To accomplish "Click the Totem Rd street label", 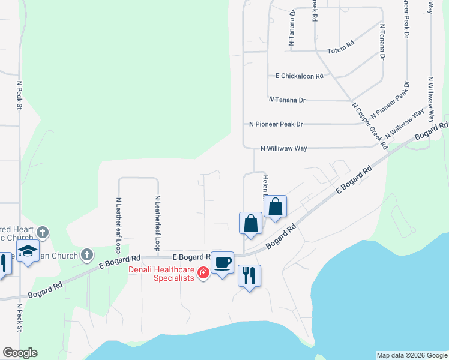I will click(342, 52).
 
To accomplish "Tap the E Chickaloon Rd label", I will click(300, 76).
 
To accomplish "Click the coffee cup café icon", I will click(223, 263).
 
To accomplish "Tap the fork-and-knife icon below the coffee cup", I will click(250, 276).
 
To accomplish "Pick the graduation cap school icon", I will click(28, 252).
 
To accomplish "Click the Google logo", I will click(20, 353).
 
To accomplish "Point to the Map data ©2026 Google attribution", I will click(412, 355).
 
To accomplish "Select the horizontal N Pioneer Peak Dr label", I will click(276, 124).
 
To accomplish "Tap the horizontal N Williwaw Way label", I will click(284, 148).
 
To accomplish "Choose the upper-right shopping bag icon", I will click(275, 207).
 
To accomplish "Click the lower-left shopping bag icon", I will click(250, 224).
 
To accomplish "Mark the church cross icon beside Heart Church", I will click(42, 232).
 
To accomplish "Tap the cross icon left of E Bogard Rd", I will click(86, 255).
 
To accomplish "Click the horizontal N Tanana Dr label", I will click(291, 100).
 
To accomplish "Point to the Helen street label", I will click(264, 185).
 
